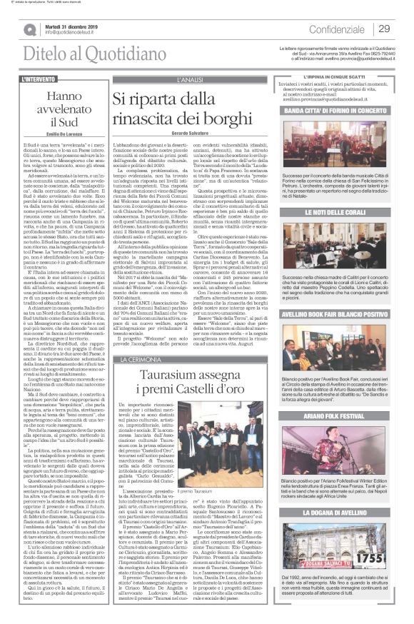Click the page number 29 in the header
click(x=384, y=29)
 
